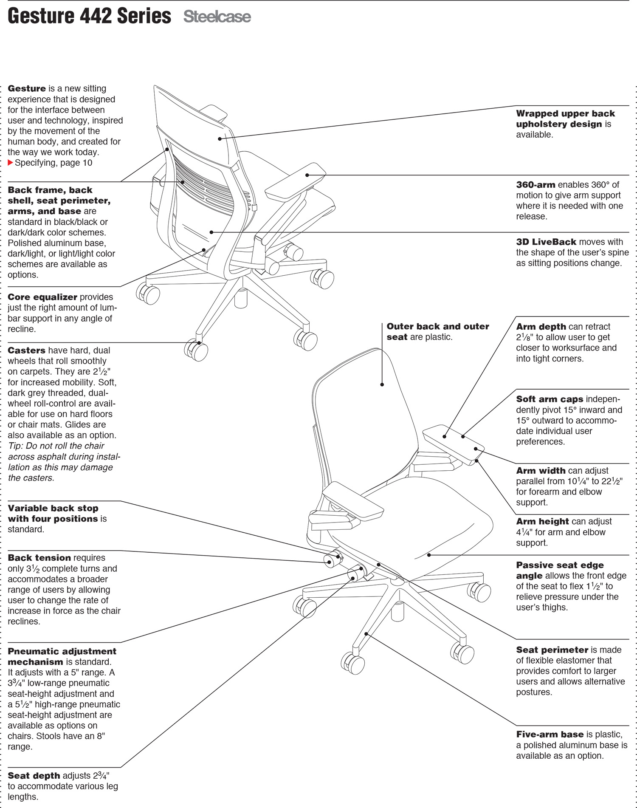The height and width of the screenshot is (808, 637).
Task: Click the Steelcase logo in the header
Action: click(x=217, y=17)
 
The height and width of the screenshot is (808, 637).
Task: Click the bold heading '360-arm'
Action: click(x=536, y=185)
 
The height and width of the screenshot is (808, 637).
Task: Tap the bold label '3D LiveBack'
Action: click(x=546, y=242)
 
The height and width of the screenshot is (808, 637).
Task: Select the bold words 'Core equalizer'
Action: click(x=42, y=297)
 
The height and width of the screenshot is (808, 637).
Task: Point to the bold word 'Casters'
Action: click(x=26, y=350)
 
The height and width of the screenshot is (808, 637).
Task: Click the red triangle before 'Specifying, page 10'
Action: click(x=11, y=163)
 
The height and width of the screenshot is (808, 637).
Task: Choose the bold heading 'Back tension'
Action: click(x=39, y=558)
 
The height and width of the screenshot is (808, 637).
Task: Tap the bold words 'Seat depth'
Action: click(x=34, y=776)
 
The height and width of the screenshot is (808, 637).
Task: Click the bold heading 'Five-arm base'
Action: click(x=550, y=735)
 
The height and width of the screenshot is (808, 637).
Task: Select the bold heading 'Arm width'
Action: click(x=541, y=471)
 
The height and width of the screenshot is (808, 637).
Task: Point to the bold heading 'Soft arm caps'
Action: click(x=550, y=399)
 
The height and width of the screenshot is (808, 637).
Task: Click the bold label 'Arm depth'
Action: click(x=541, y=327)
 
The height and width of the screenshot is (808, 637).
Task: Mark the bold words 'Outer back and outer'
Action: click(x=438, y=327)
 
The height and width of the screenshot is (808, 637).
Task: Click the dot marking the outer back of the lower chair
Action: click(x=382, y=384)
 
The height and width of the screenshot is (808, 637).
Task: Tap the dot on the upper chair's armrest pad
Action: click(x=307, y=175)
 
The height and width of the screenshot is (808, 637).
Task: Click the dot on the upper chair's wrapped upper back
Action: click(x=220, y=138)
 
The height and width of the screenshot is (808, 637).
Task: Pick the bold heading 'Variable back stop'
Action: click(x=53, y=508)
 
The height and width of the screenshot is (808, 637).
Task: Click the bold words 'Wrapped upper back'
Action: click(x=565, y=114)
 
